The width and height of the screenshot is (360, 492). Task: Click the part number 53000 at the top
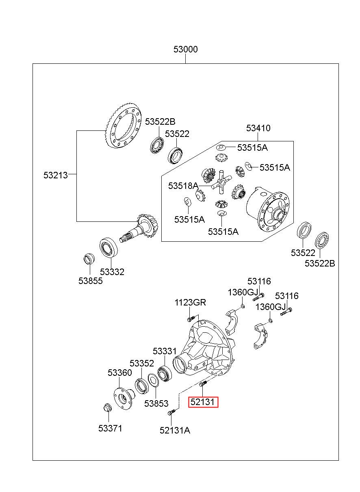(x=185, y=49)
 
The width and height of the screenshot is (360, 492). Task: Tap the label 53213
(x=56, y=175)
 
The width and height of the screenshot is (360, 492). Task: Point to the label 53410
(x=258, y=128)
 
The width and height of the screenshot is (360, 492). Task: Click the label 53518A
(x=183, y=186)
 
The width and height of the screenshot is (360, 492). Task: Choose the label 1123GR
(x=190, y=302)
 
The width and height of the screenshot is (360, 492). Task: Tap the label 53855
(x=91, y=281)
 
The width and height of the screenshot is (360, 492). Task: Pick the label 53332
(x=112, y=272)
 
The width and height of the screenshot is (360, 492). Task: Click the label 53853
(x=156, y=403)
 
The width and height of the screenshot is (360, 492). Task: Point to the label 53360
(x=120, y=372)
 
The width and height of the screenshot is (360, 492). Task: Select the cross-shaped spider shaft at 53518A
(x=221, y=182)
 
